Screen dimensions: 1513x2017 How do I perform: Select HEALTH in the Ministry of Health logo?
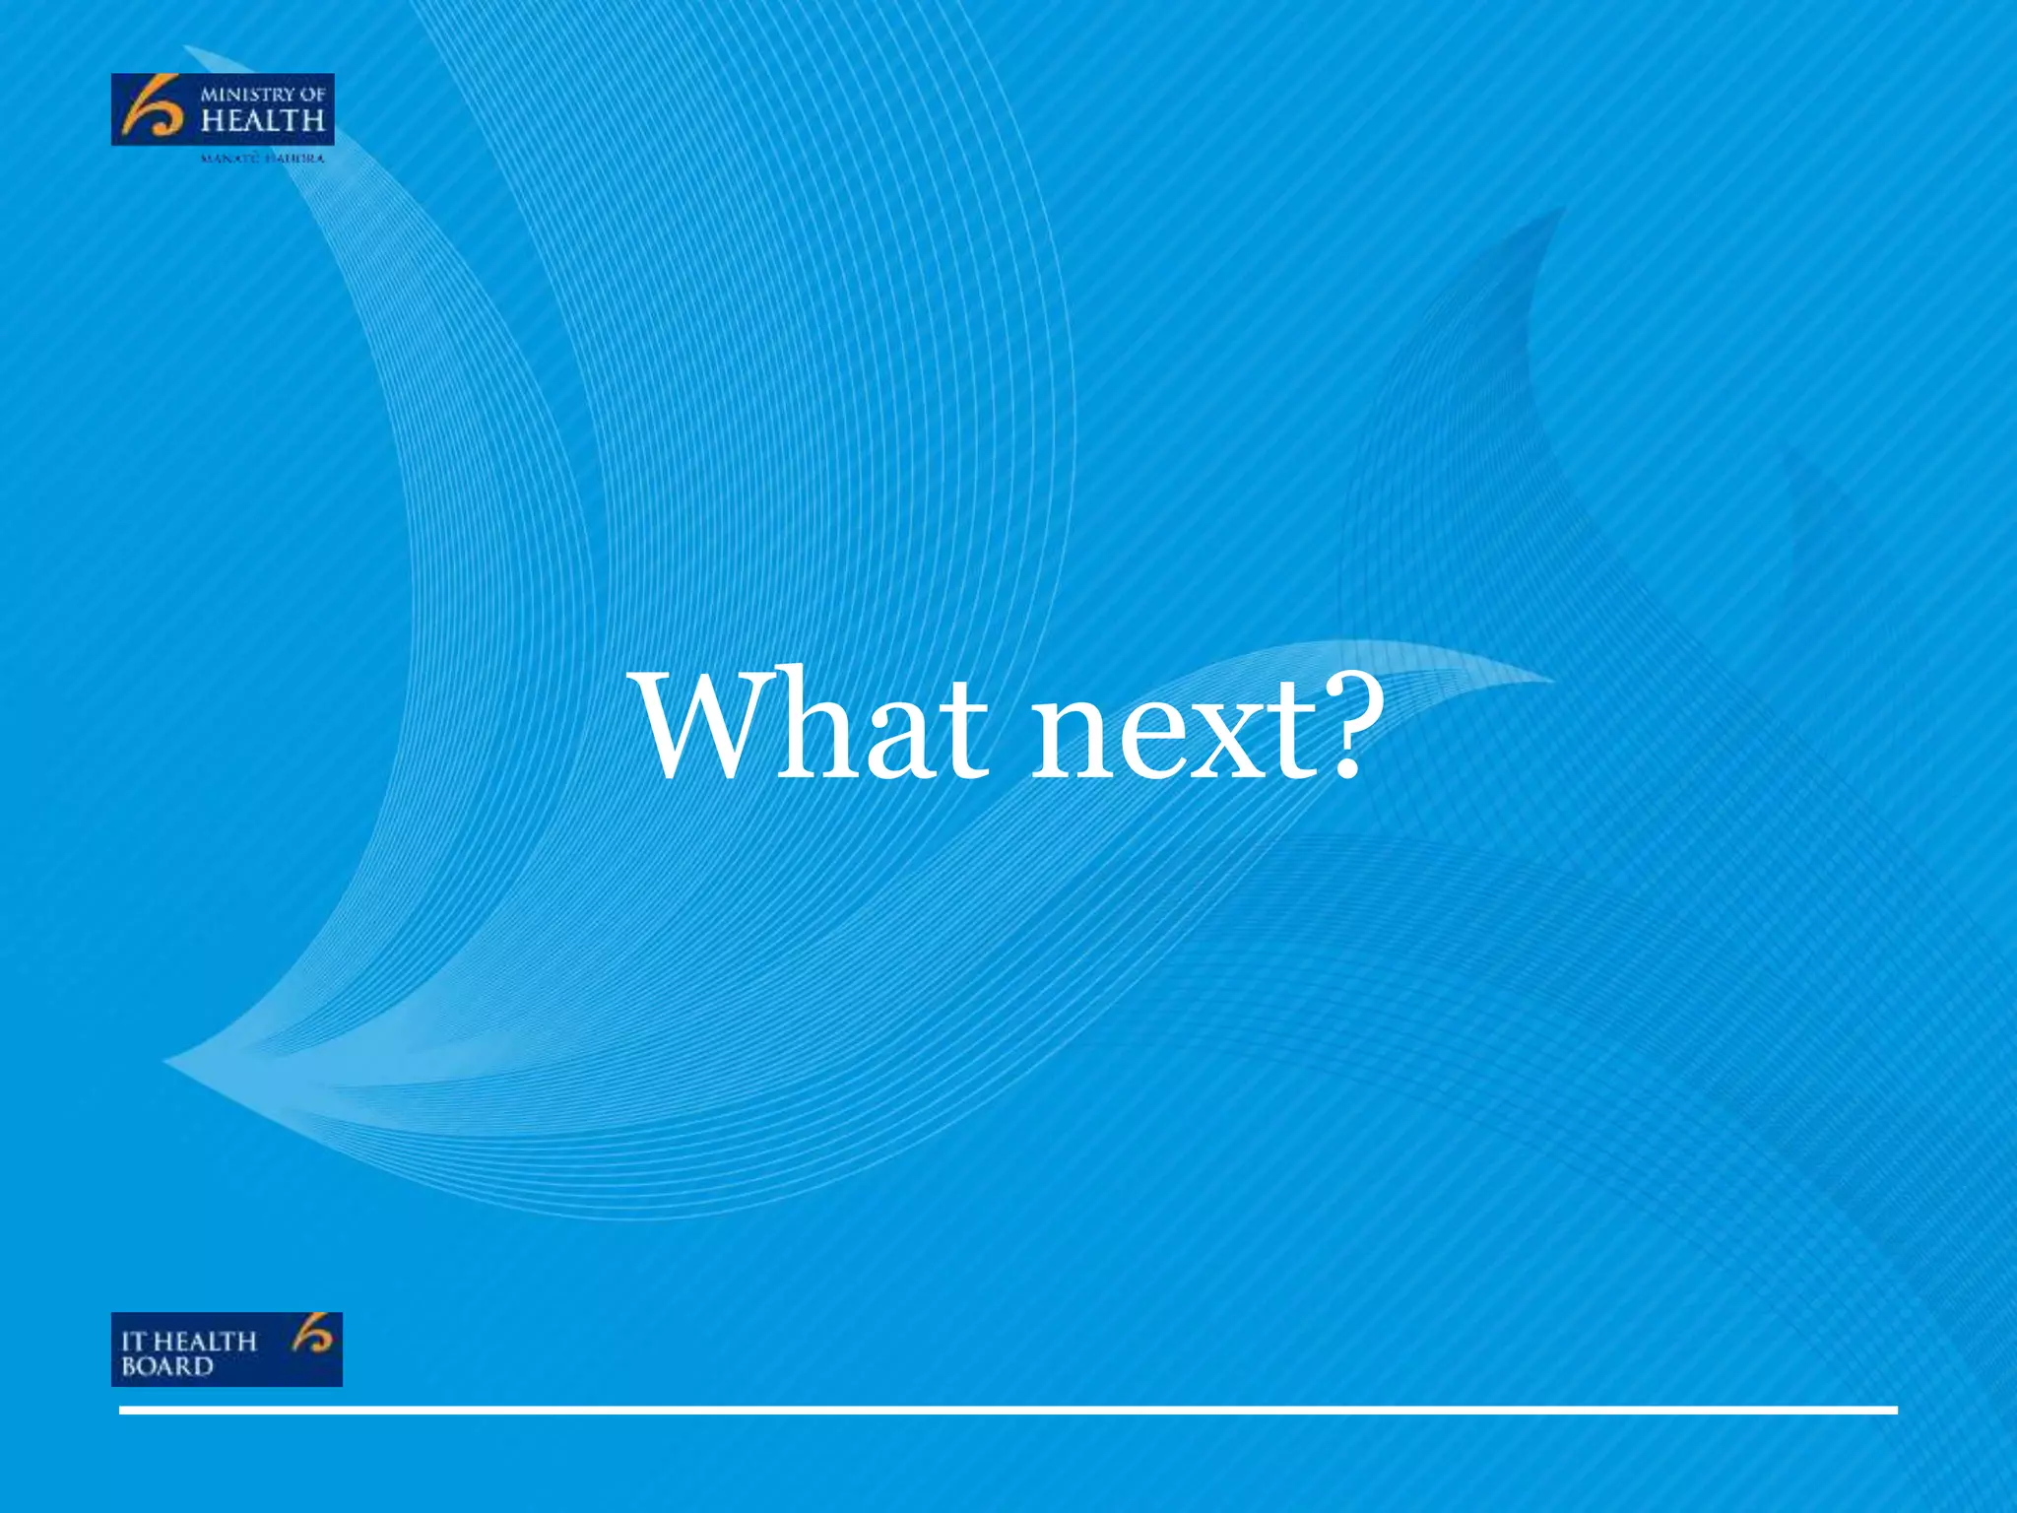pyautogui.click(x=262, y=122)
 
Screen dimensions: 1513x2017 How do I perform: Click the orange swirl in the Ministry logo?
pyautogui.click(x=151, y=108)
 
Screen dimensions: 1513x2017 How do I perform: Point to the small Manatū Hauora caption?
pyautogui.click(x=261, y=159)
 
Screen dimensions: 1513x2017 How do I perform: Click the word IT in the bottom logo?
pyautogui.click(x=134, y=1342)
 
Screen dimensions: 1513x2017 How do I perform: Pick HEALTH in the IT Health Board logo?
pyautogui.click(x=204, y=1342)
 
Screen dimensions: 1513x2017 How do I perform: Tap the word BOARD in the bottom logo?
pyautogui.click(x=166, y=1366)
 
